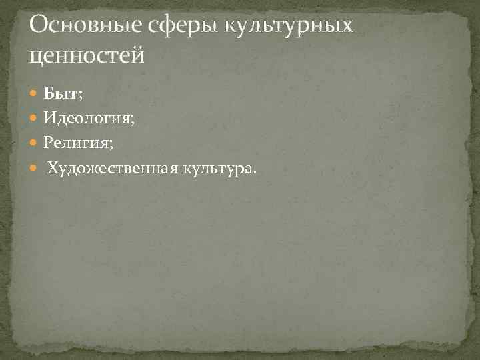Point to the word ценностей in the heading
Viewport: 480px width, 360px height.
pyautogui.click(x=87, y=56)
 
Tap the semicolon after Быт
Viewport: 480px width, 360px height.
pyautogui.click(x=81, y=96)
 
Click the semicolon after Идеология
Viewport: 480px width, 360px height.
pyautogui.click(x=132, y=120)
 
